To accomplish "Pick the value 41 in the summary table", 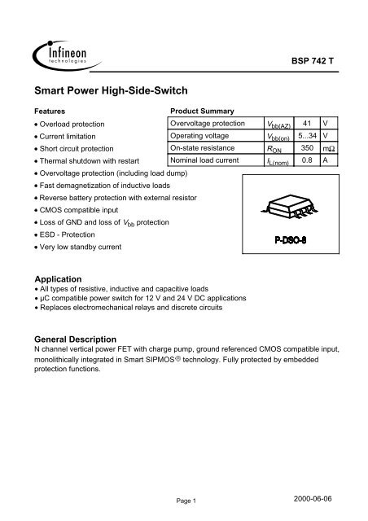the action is coord(304,123).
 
